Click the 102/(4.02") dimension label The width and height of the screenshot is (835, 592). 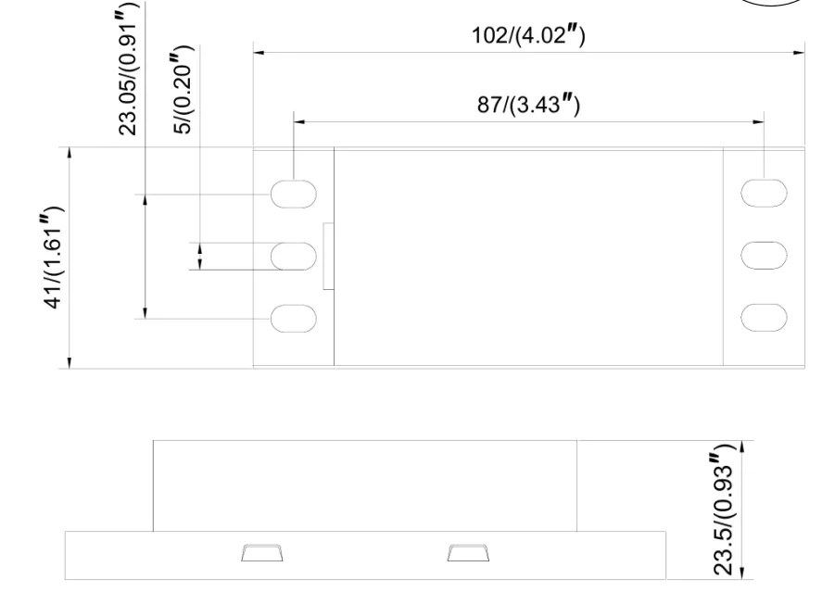[x=529, y=36]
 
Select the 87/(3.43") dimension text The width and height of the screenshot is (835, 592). [x=528, y=105]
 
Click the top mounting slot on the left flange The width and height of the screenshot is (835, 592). [x=294, y=194]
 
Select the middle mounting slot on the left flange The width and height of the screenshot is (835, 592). [x=294, y=256]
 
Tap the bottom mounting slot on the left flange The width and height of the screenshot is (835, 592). [x=294, y=318]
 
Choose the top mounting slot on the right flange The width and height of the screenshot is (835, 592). [x=765, y=194]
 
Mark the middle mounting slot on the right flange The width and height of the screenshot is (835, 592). [x=765, y=256]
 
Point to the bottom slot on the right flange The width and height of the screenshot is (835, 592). [x=765, y=318]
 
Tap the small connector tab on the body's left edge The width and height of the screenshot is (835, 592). [x=328, y=257]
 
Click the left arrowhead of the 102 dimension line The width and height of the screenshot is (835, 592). [x=260, y=53]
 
